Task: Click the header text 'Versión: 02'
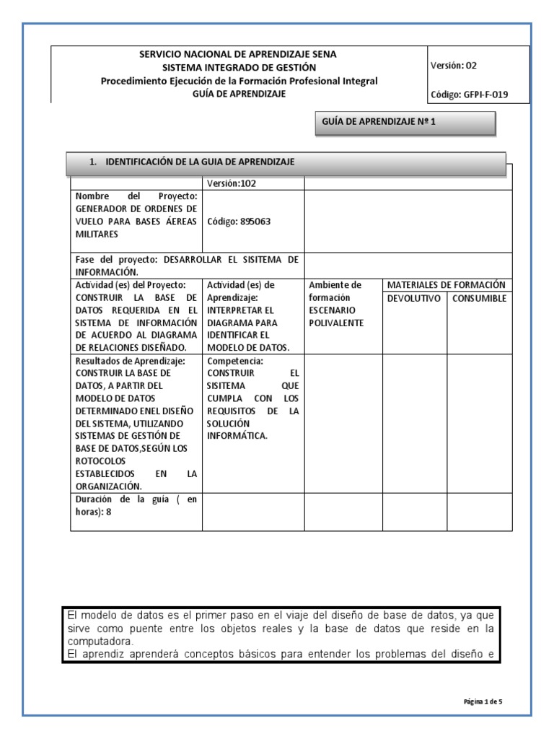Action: point(454,66)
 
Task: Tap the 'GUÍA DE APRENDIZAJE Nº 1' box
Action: point(378,123)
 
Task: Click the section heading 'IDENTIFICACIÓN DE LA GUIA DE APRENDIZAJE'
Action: point(200,162)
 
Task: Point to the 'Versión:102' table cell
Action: point(230,183)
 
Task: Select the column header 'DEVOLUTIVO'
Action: point(413,298)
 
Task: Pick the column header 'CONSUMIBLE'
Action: point(480,298)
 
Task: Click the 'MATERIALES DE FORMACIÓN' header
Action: point(446,285)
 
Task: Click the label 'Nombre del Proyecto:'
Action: point(136,196)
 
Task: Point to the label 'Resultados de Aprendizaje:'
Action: point(131,360)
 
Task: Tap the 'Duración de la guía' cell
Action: point(136,504)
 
